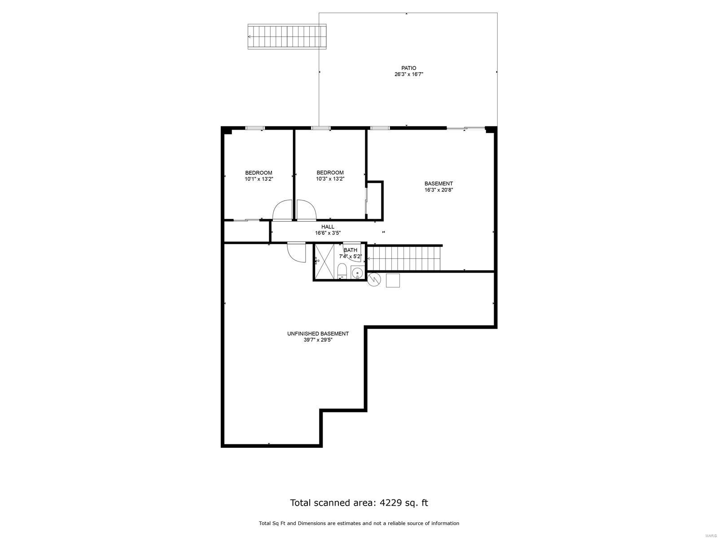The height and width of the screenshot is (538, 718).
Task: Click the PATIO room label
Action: pyautogui.click(x=408, y=68)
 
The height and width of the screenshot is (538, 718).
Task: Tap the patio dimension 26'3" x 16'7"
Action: pyautogui.click(x=408, y=74)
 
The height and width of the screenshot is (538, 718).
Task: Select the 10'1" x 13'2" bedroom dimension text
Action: pyautogui.click(x=258, y=179)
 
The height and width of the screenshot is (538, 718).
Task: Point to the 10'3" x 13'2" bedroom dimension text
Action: pyautogui.click(x=330, y=179)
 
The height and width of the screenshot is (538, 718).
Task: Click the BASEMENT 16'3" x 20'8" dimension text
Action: pyautogui.click(x=438, y=190)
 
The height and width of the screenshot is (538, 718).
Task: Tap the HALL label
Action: pyautogui.click(x=328, y=227)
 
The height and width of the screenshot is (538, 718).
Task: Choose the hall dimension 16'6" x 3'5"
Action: pyautogui.click(x=328, y=233)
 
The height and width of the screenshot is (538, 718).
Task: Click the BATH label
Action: pyautogui.click(x=350, y=250)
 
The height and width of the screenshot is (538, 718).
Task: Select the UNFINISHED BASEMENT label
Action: pyautogui.click(x=318, y=334)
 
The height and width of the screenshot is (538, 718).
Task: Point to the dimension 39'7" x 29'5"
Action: pyautogui.click(x=318, y=340)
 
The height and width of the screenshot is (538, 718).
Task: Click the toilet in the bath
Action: pyautogui.click(x=341, y=271)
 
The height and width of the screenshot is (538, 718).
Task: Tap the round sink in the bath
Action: pyautogui.click(x=357, y=273)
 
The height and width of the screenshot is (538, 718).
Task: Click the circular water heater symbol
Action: pyautogui.click(x=374, y=280)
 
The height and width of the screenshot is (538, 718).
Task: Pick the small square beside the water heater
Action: pyautogui.click(x=393, y=280)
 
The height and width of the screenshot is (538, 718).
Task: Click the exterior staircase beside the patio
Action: pyautogui.click(x=287, y=37)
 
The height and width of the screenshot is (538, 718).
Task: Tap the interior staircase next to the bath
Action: pyautogui.click(x=404, y=258)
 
